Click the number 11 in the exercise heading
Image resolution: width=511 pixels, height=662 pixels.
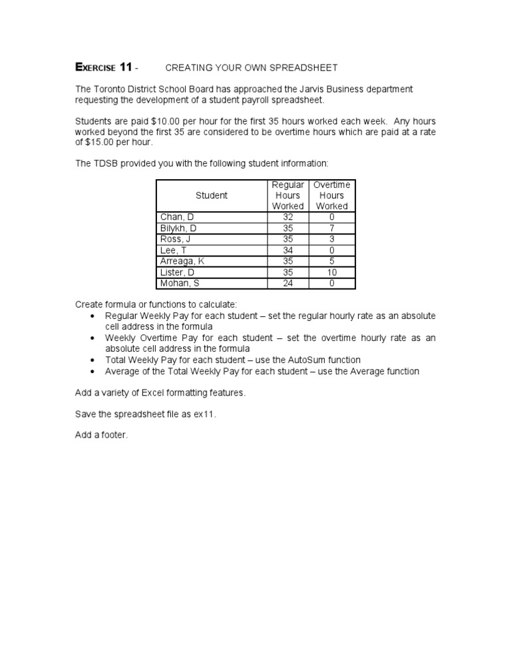click(x=125, y=67)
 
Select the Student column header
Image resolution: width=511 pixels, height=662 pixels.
click(x=212, y=195)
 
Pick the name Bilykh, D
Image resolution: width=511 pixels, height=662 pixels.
click(x=178, y=228)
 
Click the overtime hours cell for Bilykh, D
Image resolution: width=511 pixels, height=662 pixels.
click(x=332, y=228)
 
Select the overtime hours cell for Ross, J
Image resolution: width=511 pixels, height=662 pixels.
click(x=332, y=239)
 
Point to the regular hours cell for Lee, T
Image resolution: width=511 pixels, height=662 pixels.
click(x=288, y=250)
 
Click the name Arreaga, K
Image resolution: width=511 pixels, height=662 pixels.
click(x=182, y=262)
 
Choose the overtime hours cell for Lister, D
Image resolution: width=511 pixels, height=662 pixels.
click(x=332, y=272)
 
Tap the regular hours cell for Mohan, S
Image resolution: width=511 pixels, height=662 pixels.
click(x=288, y=284)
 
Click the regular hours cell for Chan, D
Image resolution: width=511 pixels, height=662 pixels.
click(x=288, y=217)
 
